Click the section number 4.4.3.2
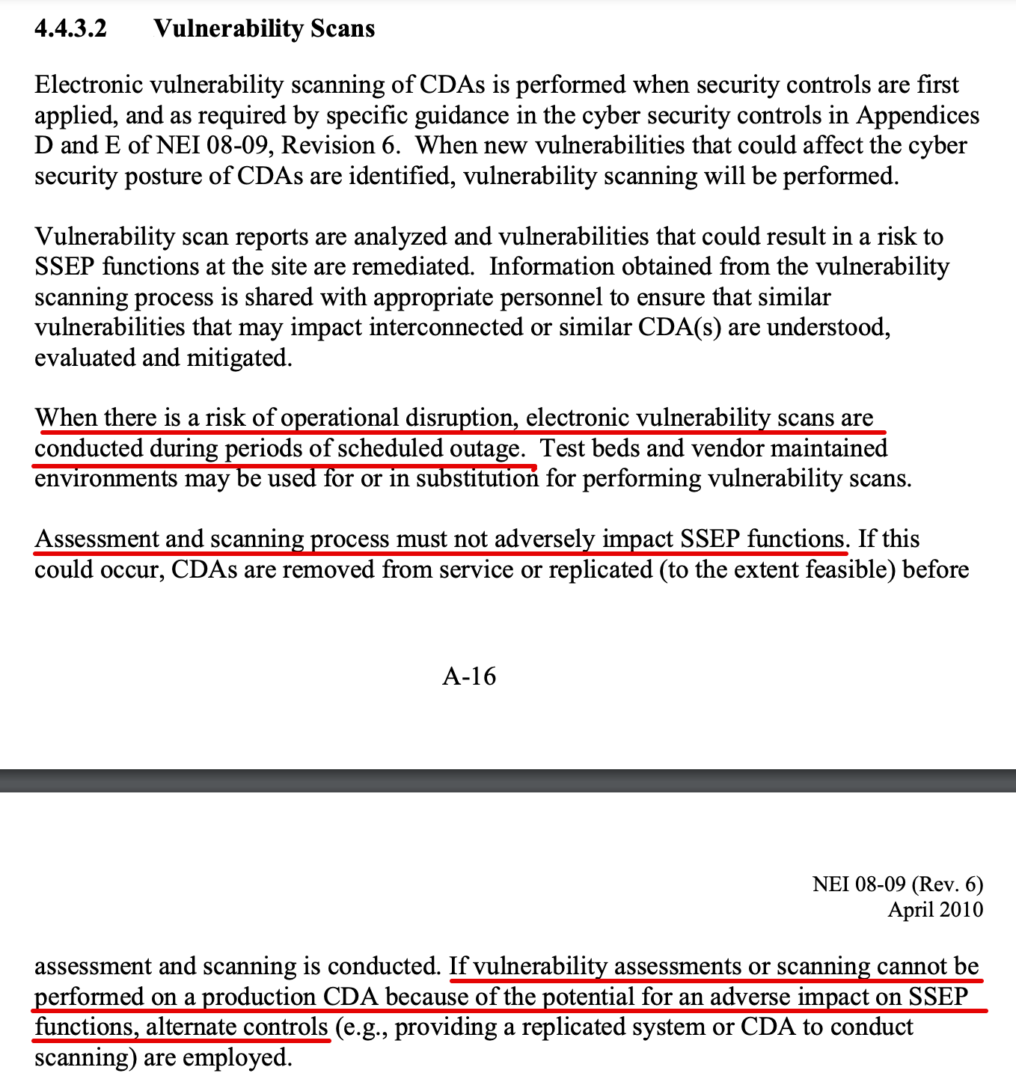pos(70,28)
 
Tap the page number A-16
pos(469,676)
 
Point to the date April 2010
pos(935,909)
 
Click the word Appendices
pos(918,115)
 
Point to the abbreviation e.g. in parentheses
pos(362,1027)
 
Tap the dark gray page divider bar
pos(508,780)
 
